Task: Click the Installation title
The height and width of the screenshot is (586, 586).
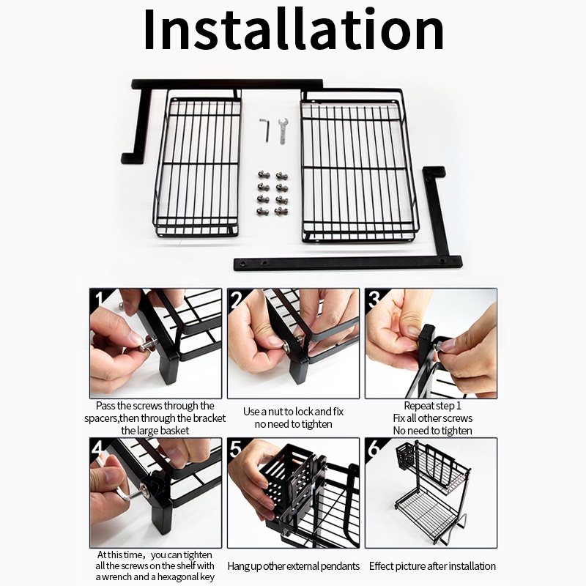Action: click(294, 29)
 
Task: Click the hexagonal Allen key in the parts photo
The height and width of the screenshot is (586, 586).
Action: click(265, 130)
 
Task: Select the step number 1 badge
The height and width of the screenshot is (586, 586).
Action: click(99, 299)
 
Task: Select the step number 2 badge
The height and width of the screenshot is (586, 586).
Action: click(237, 299)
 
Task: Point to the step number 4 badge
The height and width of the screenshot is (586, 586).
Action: click(97, 448)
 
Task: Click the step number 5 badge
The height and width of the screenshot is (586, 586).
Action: click(236, 448)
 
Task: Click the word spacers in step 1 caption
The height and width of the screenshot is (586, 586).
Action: click(101, 418)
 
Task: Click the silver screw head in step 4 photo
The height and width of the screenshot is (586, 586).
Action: click(145, 489)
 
